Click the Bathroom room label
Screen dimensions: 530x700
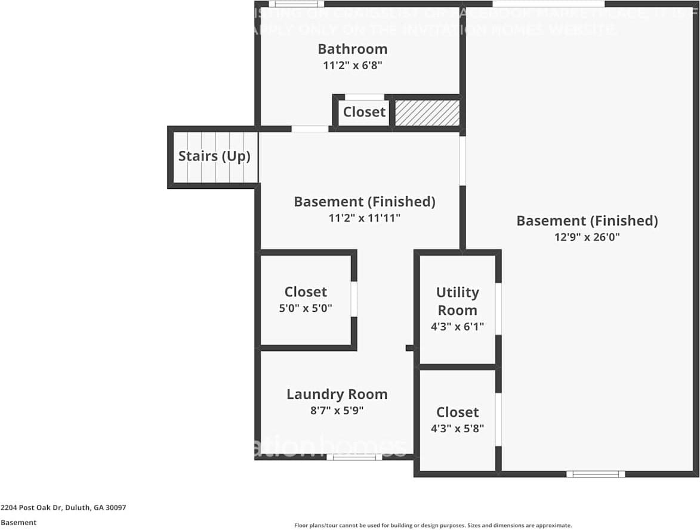(352, 49)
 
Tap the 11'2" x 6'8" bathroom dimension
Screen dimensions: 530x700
(352, 66)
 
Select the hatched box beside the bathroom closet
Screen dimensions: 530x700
(427, 113)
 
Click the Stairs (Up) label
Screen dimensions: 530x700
(214, 156)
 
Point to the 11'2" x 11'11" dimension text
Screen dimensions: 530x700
(364, 218)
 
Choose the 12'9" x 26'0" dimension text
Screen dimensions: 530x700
(587, 237)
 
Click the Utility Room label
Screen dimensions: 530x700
(457, 301)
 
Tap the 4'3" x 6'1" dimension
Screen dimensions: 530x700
(457, 327)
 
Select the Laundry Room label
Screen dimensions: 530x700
(337, 394)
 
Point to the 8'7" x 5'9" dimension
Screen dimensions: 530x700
(337, 410)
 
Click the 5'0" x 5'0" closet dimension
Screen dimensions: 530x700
(306, 308)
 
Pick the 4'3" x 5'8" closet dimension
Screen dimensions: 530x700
(457, 428)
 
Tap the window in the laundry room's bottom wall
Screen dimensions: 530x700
(354, 457)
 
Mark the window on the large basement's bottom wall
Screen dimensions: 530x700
(595, 474)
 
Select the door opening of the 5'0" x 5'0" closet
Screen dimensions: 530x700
(354, 299)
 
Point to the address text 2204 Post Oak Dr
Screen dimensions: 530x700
(63, 508)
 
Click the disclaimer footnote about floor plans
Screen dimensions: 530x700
(433, 525)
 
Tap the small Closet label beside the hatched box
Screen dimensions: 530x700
(364, 112)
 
